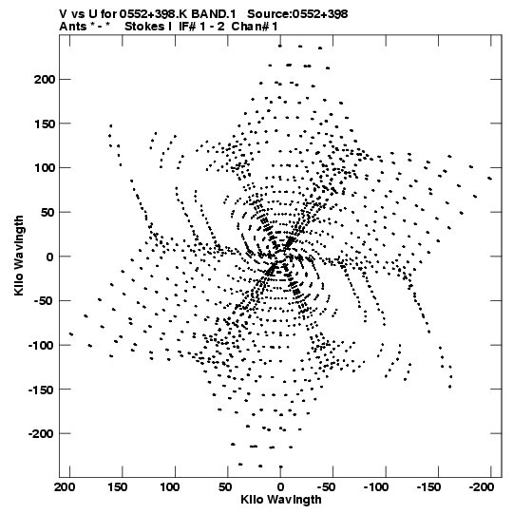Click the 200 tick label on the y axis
[44, 79]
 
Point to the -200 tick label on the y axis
[41, 433]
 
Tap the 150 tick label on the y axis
[44, 124]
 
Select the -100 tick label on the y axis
[41, 345]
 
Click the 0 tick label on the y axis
[49, 257]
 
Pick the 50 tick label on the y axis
[47, 213]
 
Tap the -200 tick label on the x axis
[482, 487]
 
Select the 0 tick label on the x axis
[280, 487]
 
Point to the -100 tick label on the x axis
[376, 487]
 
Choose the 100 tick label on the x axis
[169, 487]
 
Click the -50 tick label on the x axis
[327, 487]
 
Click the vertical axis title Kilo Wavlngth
[19, 256]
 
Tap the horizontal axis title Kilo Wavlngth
[281, 500]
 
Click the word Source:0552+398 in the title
[297, 14]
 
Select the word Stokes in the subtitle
[145, 27]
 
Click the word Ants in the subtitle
[73, 27]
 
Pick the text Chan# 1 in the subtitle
[255, 27]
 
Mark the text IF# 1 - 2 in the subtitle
[202, 27]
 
